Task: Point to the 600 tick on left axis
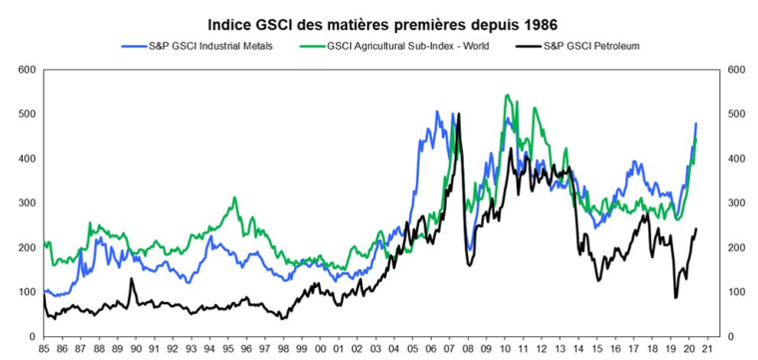click(25, 70)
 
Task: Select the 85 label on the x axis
click(44, 350)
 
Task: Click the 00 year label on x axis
click(319, 350)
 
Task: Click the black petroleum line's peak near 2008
click(458, 115)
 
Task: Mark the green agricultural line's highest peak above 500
click(508, 96)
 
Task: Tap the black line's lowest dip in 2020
click(675, 296)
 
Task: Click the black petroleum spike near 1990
click(131, 279)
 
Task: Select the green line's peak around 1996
click(234, 197)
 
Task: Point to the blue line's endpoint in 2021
click(695, 124)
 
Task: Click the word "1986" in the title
click(531, 22)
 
